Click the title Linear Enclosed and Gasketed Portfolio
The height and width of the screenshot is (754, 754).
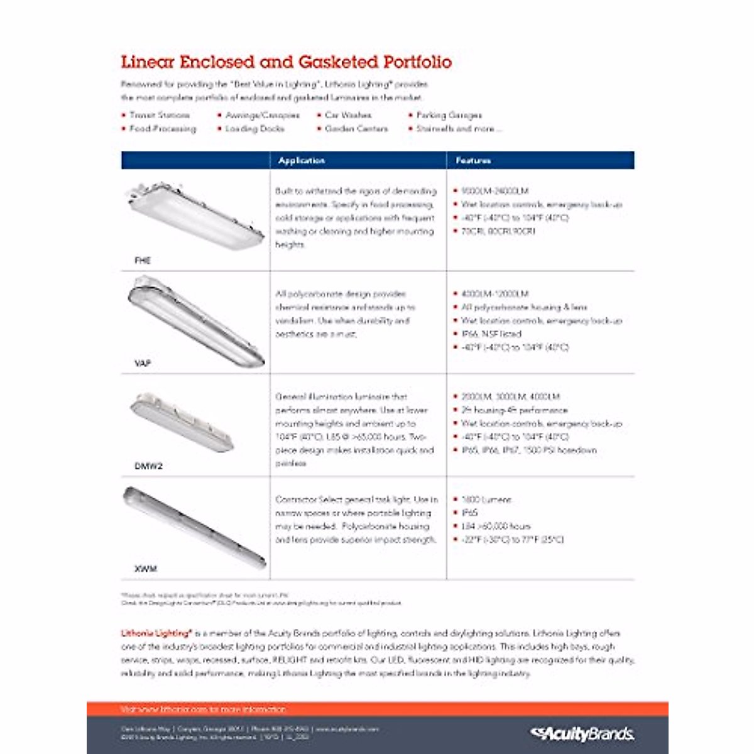click(286, 62)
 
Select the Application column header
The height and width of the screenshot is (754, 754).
click(302, 161)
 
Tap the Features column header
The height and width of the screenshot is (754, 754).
click(473, 161)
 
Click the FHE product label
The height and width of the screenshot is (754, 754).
click(143, 260)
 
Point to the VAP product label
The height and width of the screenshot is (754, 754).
click(143, 363)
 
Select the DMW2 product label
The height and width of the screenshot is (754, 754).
click(148, 466)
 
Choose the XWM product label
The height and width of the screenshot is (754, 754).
click(145, 569)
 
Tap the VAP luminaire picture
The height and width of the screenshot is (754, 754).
click(196, 320)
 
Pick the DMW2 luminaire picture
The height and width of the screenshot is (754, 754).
click(182, 422)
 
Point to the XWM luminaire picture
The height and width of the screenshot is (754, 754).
click(194, 527)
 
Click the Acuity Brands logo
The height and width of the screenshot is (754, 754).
click(582, 733)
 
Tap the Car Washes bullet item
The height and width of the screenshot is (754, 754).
click(348, 115)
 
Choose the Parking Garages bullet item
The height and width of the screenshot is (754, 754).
click(449, 115)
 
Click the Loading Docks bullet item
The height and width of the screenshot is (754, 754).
click(254, 129)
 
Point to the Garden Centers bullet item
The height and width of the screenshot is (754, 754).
click(356, 129)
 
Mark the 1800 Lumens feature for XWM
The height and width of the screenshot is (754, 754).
click(486, 500)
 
